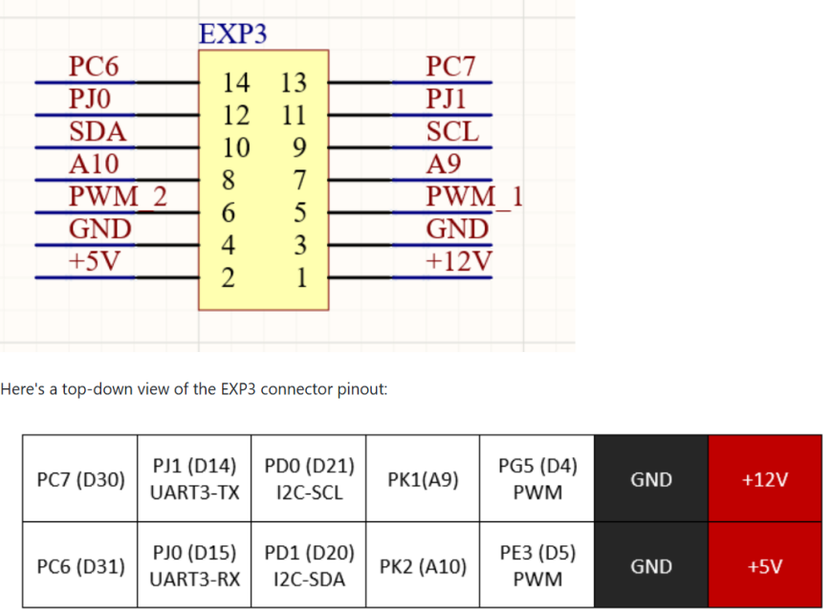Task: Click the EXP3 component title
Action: tap(232, 33)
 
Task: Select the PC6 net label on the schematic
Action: tap(94, 68)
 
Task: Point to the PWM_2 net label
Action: tap(118, 198)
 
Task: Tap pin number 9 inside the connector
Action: tap(299, 148)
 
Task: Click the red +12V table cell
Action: tap(765, 479)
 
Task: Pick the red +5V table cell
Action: tap(765, 566)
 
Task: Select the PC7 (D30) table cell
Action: tap(80, 479)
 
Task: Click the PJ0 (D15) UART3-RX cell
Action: tap(194, 566)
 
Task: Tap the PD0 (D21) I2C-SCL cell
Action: tap(308, 479)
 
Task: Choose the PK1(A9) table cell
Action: tap(423, 479)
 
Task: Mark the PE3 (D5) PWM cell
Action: tap(537, 566)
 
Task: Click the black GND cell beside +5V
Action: tap(651, 566)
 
